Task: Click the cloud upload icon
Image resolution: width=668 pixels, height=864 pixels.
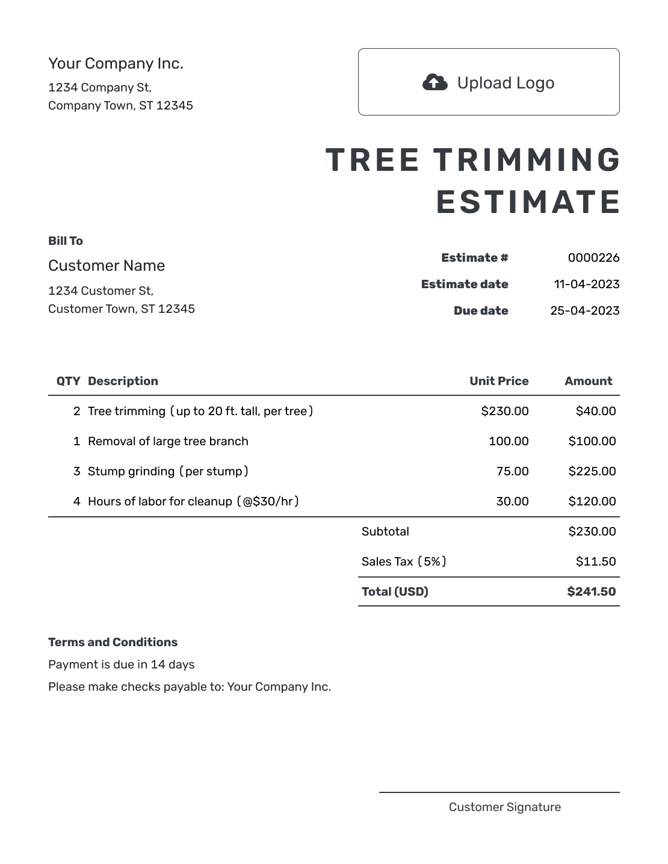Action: [435, 82]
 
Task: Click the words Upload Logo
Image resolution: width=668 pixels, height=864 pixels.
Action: [506, 83]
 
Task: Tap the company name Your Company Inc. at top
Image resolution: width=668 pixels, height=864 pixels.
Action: [116, 63]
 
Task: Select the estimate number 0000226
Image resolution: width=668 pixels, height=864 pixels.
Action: [593, 258]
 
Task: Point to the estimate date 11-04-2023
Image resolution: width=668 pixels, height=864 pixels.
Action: [586, 284]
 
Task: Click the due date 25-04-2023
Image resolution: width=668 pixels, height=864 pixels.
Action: [584, 310]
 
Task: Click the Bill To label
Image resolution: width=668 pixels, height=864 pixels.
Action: [66, 241]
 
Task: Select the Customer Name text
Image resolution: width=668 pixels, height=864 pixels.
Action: [107, 265]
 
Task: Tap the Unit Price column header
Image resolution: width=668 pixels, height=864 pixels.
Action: [499, 381]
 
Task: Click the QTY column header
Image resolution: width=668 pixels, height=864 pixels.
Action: [68, 381]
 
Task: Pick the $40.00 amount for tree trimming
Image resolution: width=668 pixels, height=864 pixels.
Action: [595, 411]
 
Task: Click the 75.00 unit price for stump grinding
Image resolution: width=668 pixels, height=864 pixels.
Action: [512, 471]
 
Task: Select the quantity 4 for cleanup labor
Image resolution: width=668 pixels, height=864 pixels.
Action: [76, 501]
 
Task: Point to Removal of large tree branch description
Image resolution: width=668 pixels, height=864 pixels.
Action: [168, 441]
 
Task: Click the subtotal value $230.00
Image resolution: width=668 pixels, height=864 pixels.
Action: [592, 531]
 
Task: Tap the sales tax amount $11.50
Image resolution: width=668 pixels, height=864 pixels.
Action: [595, 561]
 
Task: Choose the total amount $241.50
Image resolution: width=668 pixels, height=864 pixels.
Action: [591, 591]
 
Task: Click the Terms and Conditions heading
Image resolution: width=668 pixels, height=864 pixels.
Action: [113, 642]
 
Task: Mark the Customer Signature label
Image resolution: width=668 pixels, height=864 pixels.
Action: [504, 807]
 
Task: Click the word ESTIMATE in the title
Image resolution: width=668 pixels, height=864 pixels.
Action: [528, 202]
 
